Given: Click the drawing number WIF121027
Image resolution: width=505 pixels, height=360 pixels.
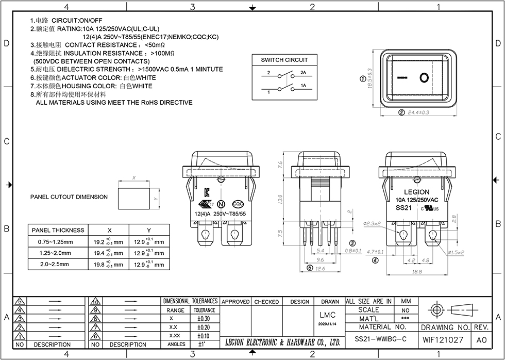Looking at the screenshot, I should [443, 340].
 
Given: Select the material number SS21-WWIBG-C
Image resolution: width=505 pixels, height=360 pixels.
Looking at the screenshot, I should [380, 340].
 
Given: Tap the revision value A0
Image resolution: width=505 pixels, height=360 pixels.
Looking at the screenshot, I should [481, 340].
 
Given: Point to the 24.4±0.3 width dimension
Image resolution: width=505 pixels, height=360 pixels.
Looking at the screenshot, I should [418, 112].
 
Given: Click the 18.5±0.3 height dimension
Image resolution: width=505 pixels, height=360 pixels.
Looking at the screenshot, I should [369, 79].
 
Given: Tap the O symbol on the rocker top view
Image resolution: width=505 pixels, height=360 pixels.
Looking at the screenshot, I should [424, 78].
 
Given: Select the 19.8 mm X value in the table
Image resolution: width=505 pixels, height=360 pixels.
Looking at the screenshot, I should [108, 265].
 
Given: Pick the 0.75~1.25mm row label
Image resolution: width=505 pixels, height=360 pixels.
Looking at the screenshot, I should [55, 242].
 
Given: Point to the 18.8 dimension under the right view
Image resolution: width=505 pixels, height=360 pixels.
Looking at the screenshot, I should [416, 271].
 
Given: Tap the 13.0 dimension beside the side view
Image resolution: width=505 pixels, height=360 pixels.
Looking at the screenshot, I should [280, 199].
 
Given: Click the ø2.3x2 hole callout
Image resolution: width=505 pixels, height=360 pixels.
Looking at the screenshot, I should [373, 224].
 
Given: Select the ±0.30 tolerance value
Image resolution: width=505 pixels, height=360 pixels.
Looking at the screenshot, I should [204, 319].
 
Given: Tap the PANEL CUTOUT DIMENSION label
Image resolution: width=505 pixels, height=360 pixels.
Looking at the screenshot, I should [69, 197].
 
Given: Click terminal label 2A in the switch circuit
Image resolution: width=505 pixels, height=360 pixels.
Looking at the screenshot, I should [304, 73].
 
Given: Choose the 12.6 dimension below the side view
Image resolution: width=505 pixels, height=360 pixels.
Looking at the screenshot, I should [320, 268].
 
